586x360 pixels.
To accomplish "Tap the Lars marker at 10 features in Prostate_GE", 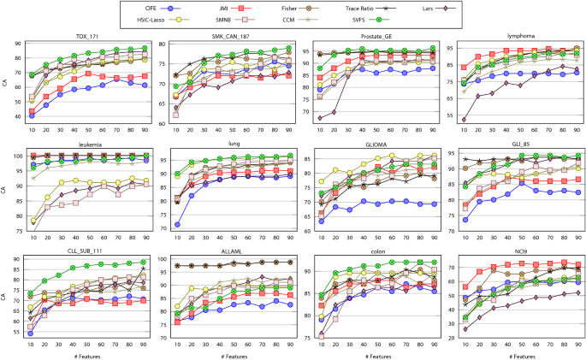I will (x=321, y=117).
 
